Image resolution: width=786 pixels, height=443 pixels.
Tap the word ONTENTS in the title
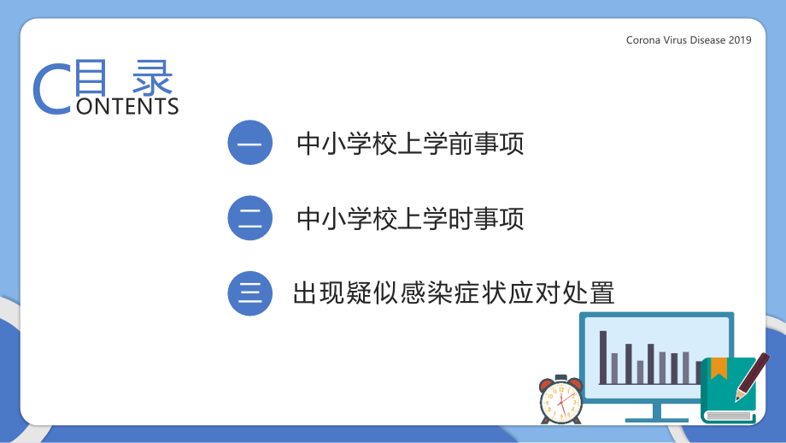126,106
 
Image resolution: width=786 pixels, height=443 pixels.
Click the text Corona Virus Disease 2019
689,40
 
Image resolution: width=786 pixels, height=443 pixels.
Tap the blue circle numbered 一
249,143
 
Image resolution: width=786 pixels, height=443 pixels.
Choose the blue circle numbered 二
249,218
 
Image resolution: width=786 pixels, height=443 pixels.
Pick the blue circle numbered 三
249,293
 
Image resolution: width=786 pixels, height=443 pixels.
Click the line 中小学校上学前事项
410,144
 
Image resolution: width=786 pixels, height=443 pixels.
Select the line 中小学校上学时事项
410,219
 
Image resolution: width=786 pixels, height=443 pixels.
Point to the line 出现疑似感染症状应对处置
454,293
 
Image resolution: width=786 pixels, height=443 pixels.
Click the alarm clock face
561,402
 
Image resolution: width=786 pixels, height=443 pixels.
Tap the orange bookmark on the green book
719,367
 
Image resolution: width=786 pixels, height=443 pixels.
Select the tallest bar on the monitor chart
603,357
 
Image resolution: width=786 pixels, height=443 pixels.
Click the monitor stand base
656,419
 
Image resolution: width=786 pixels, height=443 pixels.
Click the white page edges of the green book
728,416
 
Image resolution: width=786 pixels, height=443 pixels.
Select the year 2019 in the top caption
740,40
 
